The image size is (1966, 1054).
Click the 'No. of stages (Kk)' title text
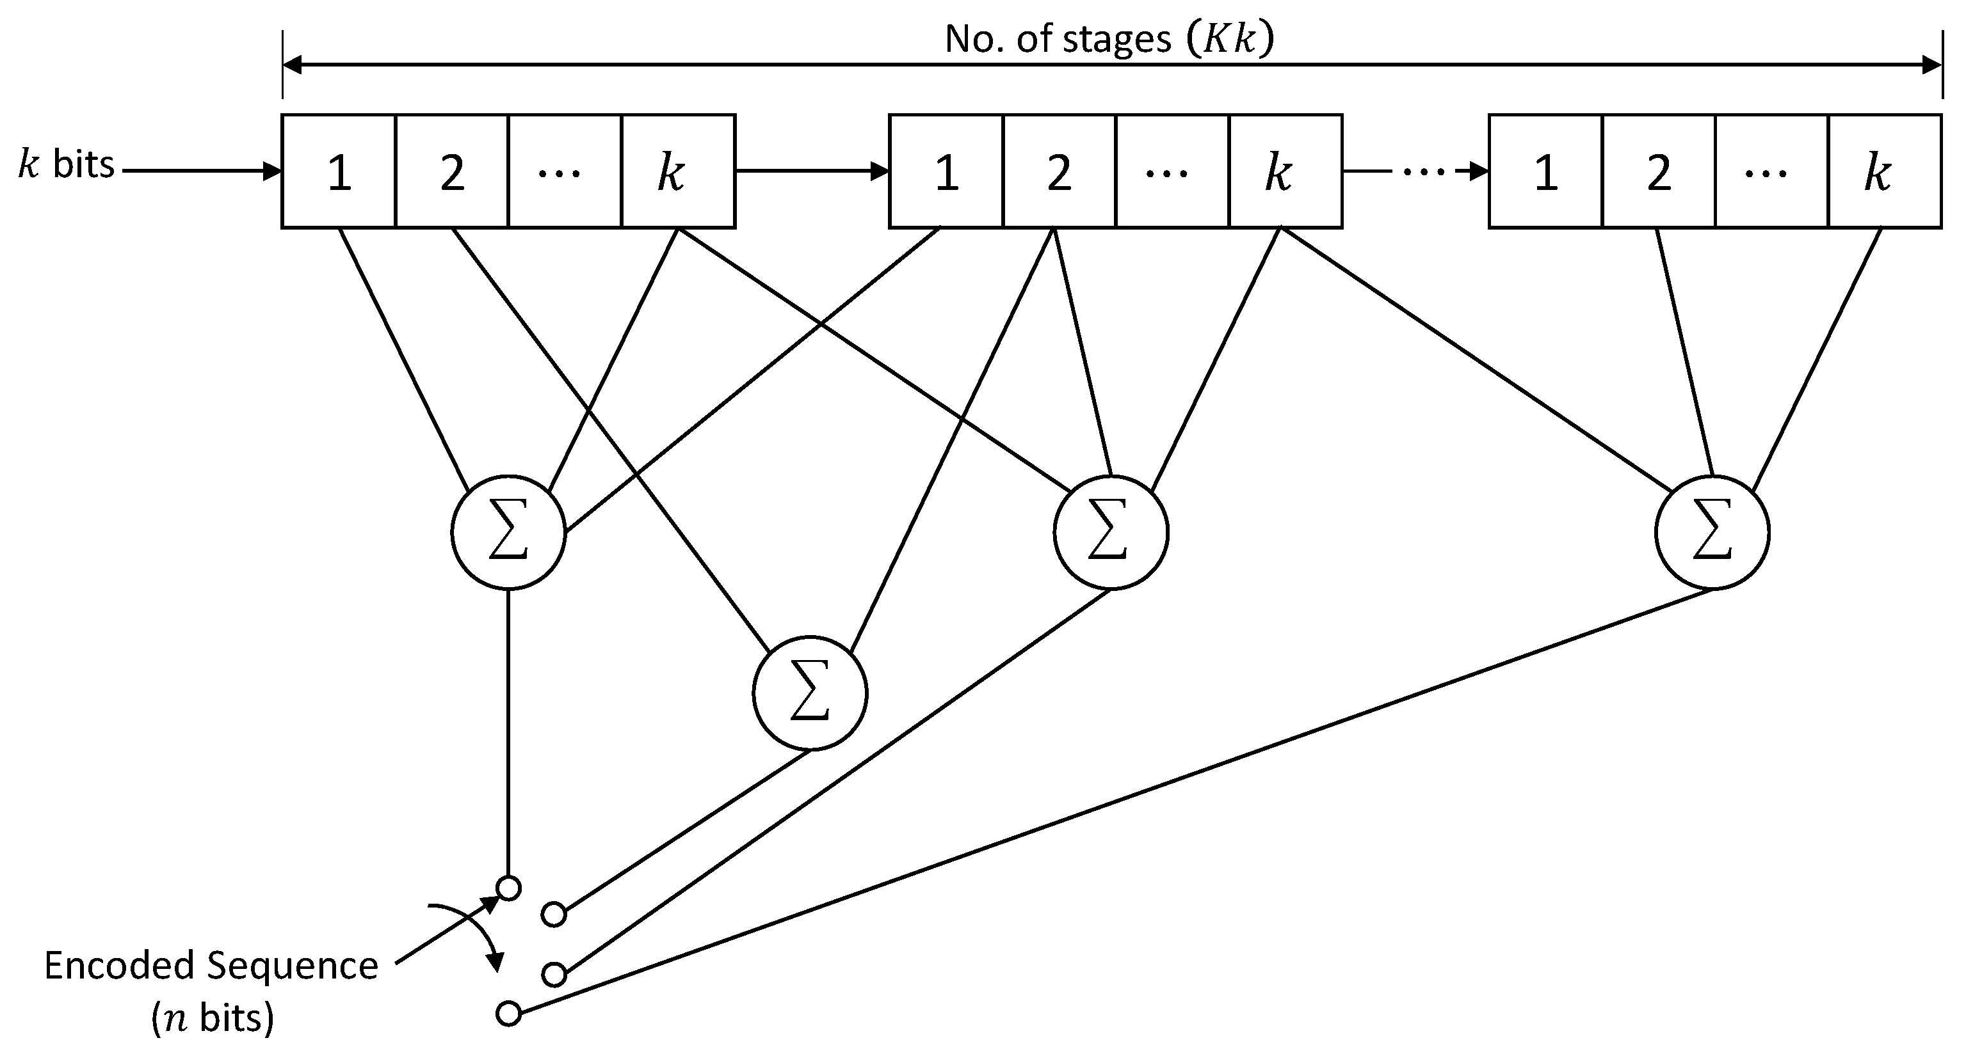(1109, 40)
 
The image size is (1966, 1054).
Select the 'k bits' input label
(67, 165)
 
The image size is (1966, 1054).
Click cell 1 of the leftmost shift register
(339, 171)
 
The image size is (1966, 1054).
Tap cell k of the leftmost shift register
(679, 171)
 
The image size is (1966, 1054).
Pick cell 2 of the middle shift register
(1059, 171)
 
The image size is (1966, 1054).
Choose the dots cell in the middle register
(1172, 171)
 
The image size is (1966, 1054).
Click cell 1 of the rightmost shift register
(1545, 171)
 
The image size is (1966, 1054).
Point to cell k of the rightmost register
(1884, 171)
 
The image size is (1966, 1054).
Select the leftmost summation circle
(508, 531)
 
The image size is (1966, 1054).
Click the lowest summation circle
(810, 693)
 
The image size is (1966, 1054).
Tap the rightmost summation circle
(1712, 531)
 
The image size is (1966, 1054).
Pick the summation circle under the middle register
(1111, 531)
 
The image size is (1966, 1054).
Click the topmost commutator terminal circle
(508, 888)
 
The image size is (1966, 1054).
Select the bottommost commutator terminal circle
(508, 1014)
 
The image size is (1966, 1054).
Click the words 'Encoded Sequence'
(211, 966)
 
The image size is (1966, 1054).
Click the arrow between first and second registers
(811, 171)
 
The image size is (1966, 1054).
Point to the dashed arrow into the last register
(1415, 171)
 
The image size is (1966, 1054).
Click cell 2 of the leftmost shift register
(452, 171)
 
